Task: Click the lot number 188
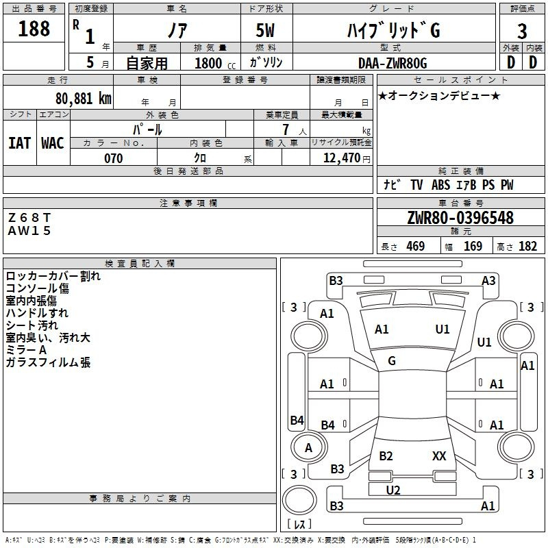pyautogui.click(x=34, y=29)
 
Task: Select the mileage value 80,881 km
pyautogui.click(x=82, y=98)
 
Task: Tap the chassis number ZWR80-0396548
pyautogui.click(x=460, y=218)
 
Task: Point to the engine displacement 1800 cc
pyautogui.click(x=210, y=63)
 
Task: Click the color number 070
pyautogui.click(x=113, y=158)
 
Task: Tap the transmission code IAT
pyautogui.click(x=19, y=142)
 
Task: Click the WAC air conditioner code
pyautogui.click(x=52, y=142)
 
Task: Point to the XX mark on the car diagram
pyautogui.click(x=439, y=456)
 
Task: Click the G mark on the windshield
pyautogui.click(x=392, y=360)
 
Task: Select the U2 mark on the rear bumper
pyautogui.click(x=393, y=490)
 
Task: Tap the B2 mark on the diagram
pyautogui.click(x=386, y=456)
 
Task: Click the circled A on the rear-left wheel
pyautogui.click(x=308, y=448)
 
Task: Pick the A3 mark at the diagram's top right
pyautogui.click(x=488, y=280)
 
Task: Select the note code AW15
pyautogui.click(x=29, y=231)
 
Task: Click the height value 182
pyautogui.click(x=527, y=247)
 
